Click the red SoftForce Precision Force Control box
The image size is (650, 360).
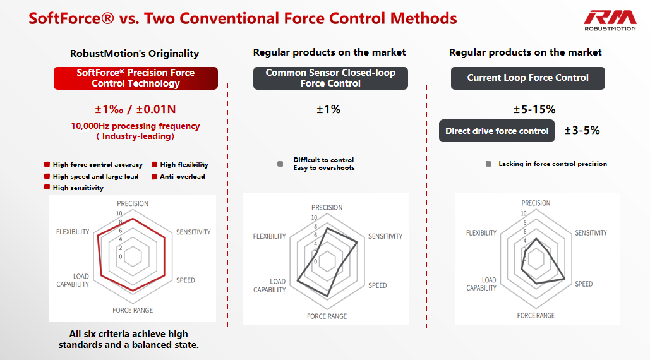(x=136, y=78)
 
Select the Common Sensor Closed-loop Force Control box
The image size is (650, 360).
(x=330, y=78)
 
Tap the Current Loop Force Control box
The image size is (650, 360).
(x=527, y=78)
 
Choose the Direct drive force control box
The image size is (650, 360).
(x=497, y=131)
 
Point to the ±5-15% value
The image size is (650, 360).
(x=534, y=109)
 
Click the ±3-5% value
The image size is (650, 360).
(x=582, y=131)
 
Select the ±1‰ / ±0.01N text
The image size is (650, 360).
(x=135, y=109)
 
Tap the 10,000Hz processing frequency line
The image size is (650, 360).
(x=135, y=126)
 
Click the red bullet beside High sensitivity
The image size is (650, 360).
(x=47, y=188)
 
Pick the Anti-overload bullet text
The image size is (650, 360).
(x=183, y=176)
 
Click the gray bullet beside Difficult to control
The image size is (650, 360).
(x=280, y=164)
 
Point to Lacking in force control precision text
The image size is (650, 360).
(x=553, y=164)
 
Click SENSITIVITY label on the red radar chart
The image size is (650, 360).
(x=193, y=232)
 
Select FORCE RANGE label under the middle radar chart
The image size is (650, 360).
(x=327, y=316)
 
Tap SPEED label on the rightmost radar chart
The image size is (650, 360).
(x=584, y=284)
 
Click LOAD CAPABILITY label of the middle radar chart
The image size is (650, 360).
(x=270, y=285)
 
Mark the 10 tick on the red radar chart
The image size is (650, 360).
(x=119, y=213)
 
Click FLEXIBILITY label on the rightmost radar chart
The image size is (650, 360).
(x=481, y=233)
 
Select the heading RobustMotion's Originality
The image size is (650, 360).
(x=135, y=54)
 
